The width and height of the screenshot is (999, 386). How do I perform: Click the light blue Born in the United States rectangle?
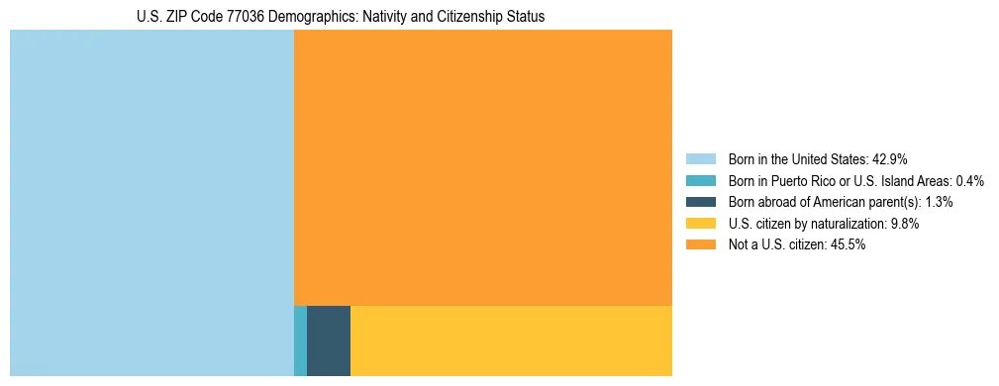(x=151, y=203)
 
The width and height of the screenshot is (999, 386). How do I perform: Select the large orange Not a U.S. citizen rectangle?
(x=483, y=167)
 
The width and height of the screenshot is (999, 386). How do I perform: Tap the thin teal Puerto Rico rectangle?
(x=300, y=340)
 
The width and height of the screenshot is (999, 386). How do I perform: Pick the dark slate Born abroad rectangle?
(x=329, y=340)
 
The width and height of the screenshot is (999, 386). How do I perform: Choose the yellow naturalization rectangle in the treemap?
(x=511, y=340)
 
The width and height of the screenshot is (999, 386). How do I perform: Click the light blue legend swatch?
(x=700, y=158)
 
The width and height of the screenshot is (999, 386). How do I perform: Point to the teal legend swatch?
(x=700, y=180)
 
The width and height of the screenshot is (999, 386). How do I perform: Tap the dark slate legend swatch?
(x=700, y=202)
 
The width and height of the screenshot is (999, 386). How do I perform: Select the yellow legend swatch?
(x=700, y=224)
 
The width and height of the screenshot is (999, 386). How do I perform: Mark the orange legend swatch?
(x=700, y=244)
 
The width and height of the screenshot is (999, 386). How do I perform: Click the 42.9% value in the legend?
(x=889, y=158)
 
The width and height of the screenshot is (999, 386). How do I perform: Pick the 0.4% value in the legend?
(x=970, y=180)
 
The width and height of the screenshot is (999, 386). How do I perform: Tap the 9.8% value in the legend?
(x=903, y=224)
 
